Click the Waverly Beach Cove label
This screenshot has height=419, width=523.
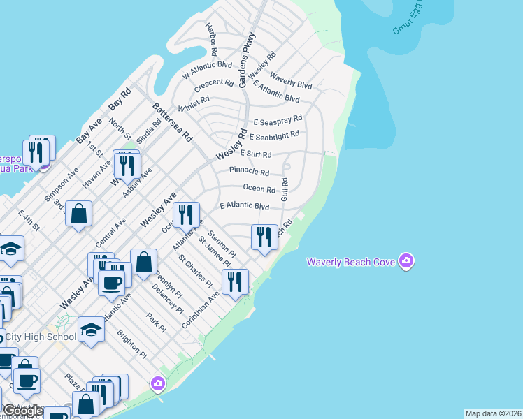(351, 262)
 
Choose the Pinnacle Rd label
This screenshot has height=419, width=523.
(249, 172)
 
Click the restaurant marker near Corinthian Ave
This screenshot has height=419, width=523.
(235, 281)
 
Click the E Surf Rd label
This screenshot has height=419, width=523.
(255, 154)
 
